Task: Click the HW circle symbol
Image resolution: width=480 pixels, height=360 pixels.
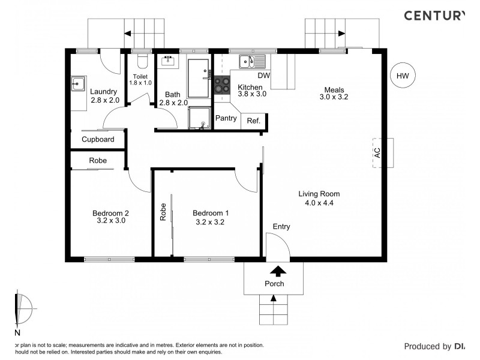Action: point(403,76)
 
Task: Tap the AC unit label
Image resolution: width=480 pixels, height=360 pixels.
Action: point(377,153)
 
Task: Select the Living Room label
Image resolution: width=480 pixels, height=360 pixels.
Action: point(319,194)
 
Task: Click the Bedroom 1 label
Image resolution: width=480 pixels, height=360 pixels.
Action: point(210,213)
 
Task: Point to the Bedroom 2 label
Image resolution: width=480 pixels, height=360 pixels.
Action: point(110,213)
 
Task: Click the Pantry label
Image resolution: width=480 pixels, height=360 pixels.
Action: point(226,118)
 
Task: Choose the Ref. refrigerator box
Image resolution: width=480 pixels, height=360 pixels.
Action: point(253,121)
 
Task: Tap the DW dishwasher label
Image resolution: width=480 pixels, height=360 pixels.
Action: point(264,76)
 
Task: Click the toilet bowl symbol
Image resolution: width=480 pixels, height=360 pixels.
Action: point(142,62)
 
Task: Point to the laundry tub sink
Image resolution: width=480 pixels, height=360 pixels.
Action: point(78,83)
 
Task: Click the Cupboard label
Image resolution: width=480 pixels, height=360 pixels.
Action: point(98,139)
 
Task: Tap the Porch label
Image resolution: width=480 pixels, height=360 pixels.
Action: point(274,284)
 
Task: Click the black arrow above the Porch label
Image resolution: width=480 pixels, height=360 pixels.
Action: point(274,271)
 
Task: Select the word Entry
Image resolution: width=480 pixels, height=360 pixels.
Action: point(281,227)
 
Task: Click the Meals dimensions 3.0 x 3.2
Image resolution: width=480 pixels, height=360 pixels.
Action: point(335,97)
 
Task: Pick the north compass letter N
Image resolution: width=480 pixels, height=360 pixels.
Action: point(17,333)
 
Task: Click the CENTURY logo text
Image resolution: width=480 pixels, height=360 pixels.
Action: point(433,16)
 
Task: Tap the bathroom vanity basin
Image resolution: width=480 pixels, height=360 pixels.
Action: point(167,60)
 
